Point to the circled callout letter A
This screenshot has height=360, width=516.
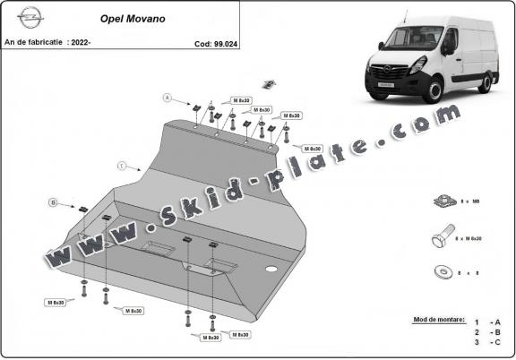pyautogui.click(x=167, y=96)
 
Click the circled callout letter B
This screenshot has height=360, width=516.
pyautogui.click(x=54, y=203)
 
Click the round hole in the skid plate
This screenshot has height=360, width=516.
pyautogui.click(x=270, y=269)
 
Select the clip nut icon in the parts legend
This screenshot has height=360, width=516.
pyautogui.click(x=443, y=199)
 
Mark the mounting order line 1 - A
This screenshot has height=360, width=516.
pyautogui.click(x=488, y=321)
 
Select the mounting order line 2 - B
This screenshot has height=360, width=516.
pyautogui.click(x=488, y=332)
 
